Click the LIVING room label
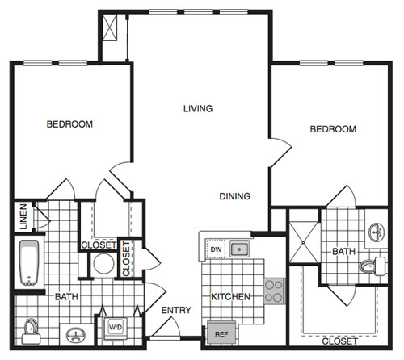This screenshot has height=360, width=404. (x=198, y=109)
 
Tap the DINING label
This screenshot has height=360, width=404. (x=235, y=196)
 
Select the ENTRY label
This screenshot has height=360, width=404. (x=176, y=310)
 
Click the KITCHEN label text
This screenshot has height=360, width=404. (x=230, y=297)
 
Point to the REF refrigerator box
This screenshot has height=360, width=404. (x=221, y=334)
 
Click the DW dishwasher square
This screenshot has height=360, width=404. (x=216, y=249)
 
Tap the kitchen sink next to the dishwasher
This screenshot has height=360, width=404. (x=239, y=249)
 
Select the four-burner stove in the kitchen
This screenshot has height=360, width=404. (x=274, y=291)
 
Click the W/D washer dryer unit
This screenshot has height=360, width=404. (x=116, y=328)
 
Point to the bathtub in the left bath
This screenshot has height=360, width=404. (x=29, y=262)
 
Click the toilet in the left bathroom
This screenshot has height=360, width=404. (x=31, y=332)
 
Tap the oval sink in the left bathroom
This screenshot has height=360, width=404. (x=76, y=335)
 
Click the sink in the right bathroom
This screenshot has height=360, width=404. (x=377, y=232)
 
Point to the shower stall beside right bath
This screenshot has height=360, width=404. (x=303, y=242)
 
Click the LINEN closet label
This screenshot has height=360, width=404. (x=23, y=216)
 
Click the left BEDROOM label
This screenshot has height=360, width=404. (x=69, y=124)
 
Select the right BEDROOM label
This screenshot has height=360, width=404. (x=333, y=129)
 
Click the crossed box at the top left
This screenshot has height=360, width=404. (x=110, y=27)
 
